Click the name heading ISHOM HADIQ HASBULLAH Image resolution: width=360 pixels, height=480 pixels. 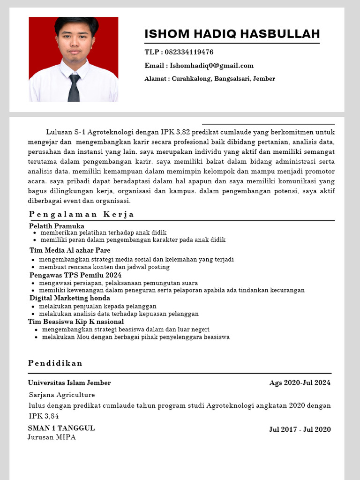pyautogui.click(x=232, y=34)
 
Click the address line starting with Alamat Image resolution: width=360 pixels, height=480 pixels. pyautogui.click(x=210, y=79)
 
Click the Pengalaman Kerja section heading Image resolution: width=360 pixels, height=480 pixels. pyautogui.click(x=82, y=214)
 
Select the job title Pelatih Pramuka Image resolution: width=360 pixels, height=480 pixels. pyautogui.click(x=57, y=226)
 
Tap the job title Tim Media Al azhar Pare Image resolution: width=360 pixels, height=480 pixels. pyautogui.click(x=70, y=250)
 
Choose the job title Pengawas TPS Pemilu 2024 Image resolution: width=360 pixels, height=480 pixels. pyautogui.click(x=75, y=275)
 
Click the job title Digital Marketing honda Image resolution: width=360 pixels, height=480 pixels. pyautogui.click(x=70, y=298)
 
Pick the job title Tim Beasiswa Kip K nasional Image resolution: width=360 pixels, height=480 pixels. pyautogui.click(x=76, y=322)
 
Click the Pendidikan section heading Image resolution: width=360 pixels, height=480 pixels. pyautogui.click(x=55, y=363)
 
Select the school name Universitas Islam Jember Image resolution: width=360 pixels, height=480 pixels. pyautogui.click(x=69, y=383)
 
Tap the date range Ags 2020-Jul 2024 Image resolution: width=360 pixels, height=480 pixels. pyautogui.click(x=300, y=383)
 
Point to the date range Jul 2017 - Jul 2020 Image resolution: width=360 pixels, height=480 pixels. pyautogui.click(x=300, y=429)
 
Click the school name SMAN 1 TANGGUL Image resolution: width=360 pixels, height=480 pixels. pyautogui.click(x=61, y=428)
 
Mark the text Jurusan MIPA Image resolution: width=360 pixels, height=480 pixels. pyautogui.click(x=52, y=437)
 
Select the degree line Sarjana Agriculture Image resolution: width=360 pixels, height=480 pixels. pyautogui.click(x=62, y=395)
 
